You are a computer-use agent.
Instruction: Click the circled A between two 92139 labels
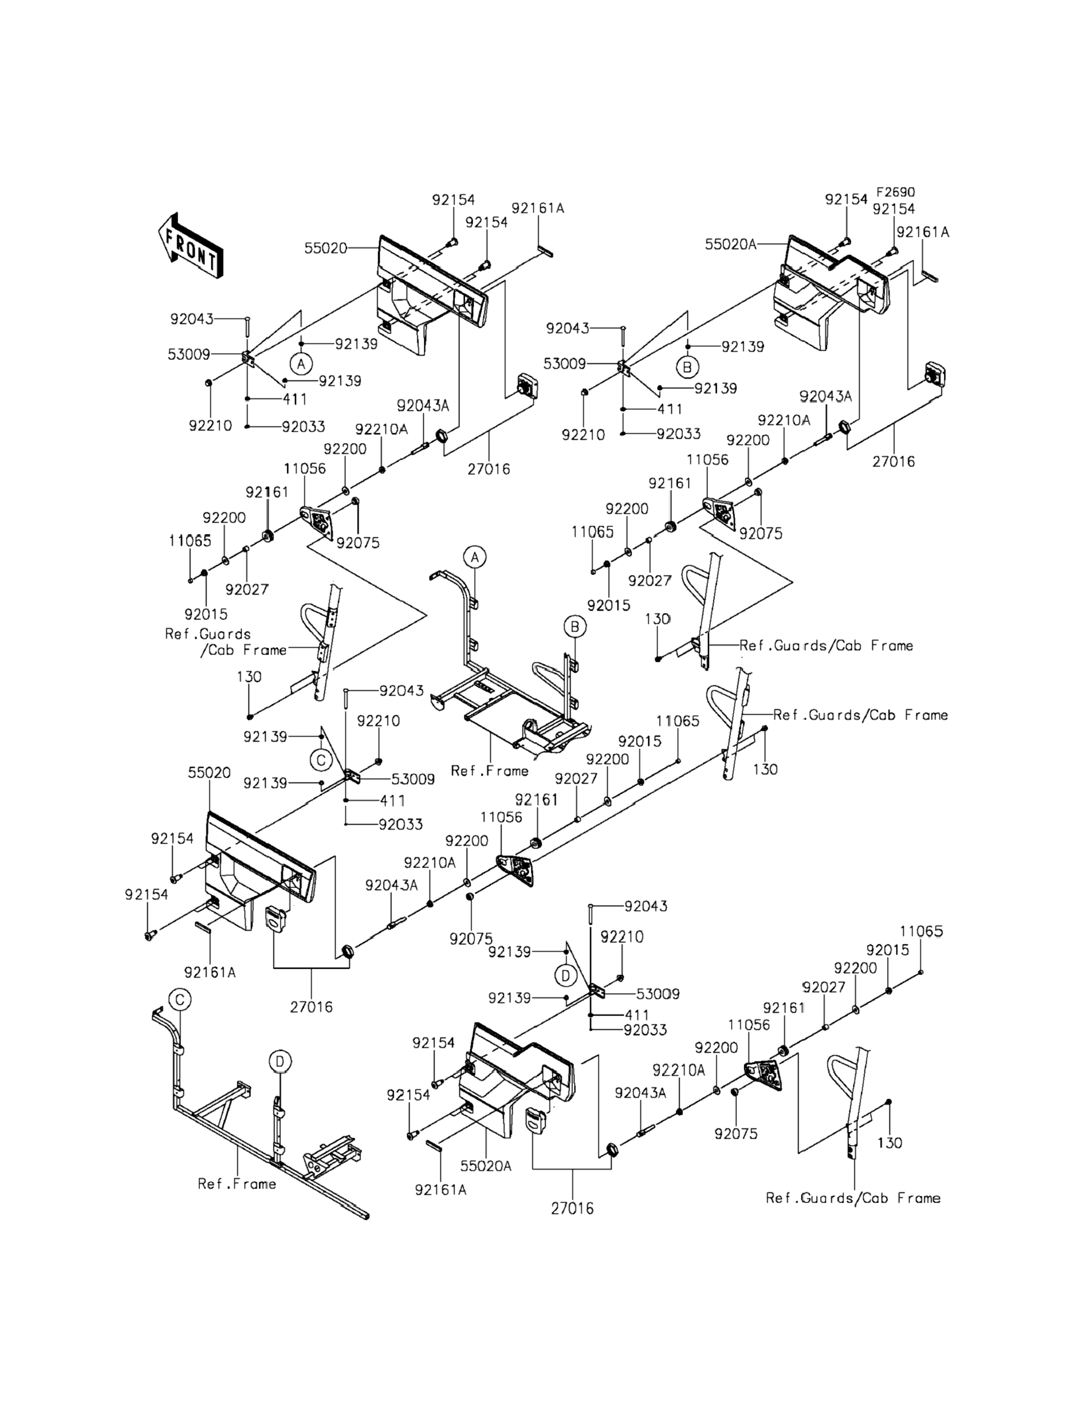pos(301,364)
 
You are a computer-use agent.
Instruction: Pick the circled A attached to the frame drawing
pos(474,557)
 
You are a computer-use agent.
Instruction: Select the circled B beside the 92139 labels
pos(687,367)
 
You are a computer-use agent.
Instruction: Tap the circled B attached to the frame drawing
pos(574,627)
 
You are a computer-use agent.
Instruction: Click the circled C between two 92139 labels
pos(322,760)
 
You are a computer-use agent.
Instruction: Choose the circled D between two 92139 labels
pos(566,976)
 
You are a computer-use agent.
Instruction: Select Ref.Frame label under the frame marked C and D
pos(237,1184)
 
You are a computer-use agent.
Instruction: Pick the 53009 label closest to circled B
pos(564,364)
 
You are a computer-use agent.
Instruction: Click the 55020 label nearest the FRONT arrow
pos(325,248)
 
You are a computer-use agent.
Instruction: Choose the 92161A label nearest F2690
pos(922,232)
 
